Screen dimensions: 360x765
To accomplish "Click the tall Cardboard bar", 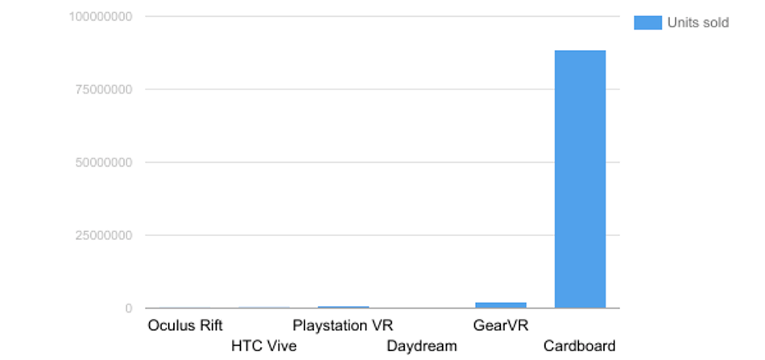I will click(580, 179).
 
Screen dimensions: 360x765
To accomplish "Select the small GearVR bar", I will click(500, 305).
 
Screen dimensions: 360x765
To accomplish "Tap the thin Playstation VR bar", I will click(343, 307).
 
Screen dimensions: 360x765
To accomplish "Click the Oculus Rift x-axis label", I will click(185, 325).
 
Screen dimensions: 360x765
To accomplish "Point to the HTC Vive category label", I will click(263, 346).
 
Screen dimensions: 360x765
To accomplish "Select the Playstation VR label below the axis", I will click(343, 325).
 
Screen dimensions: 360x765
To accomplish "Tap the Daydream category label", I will click(421, 346).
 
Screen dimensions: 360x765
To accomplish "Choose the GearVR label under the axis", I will click(500, 325).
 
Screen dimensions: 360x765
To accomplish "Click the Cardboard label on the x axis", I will click(579, 346).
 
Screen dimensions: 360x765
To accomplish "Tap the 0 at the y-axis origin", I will click(128, 308).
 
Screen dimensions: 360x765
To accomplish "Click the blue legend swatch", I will click(647, 23).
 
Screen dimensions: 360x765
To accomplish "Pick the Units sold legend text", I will click(697, 23).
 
